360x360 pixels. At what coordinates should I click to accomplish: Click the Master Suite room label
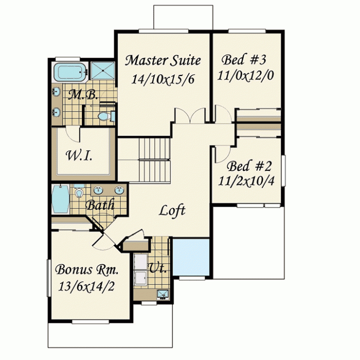coord(163,60)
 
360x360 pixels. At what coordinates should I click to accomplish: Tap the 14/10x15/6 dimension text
coord(163,79)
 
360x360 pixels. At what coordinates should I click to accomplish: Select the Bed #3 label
coord(244,59)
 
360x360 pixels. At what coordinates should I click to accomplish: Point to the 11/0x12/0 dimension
coord(245,75)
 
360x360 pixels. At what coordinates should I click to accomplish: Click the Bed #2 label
coord(249,166)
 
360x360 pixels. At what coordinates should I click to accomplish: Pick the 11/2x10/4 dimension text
coord(246,181)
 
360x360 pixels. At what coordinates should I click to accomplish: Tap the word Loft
coord(172,210)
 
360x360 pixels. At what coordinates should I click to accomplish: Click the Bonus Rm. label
coord(87,269)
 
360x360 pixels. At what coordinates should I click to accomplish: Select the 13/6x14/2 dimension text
coord(86,286)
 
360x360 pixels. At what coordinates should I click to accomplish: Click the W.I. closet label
coord(79,155)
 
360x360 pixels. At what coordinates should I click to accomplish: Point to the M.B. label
coord(83,95)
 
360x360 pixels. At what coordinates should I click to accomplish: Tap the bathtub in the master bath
coord(69,72)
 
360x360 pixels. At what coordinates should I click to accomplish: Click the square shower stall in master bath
coord(102,70)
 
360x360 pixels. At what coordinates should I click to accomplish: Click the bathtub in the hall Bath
coord(60,199)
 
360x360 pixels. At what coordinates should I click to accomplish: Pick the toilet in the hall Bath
coord(79,191)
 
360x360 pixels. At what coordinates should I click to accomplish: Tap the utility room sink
coord(163,294)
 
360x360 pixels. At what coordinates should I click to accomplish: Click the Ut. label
coord(157,268)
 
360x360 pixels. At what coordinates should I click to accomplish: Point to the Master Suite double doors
coord(190,115)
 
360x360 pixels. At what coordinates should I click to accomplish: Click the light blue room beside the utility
coord(191,257)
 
